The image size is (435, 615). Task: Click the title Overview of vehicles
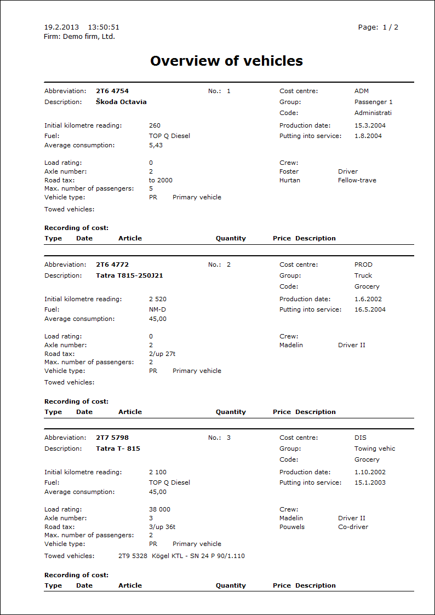coord(226,61)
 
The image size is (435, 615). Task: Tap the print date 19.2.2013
coord(61,27)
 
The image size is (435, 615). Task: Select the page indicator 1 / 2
coord(390,27)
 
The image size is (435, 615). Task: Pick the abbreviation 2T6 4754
coord(112,91)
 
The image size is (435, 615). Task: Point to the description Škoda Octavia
coord(121,102)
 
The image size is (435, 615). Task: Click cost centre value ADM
coord(362,91)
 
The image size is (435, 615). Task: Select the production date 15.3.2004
coord(370,125)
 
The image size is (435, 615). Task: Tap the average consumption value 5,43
coord(156,145)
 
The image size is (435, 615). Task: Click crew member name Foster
coord(289,171)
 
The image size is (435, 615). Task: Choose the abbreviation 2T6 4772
coord(112,265)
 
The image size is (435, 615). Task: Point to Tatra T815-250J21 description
coord(129,275)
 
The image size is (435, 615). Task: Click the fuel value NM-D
coord(157,309)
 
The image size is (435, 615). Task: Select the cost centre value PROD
coord(363,265)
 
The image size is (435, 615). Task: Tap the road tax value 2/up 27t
coord(162,354)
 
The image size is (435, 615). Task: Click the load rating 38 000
coord(159,509)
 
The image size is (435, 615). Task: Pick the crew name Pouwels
coord(292,527)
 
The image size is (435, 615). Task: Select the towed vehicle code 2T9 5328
coord(133,556)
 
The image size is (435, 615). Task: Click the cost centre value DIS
coord(360,438)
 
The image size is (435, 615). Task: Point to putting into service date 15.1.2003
coord(370,482)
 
